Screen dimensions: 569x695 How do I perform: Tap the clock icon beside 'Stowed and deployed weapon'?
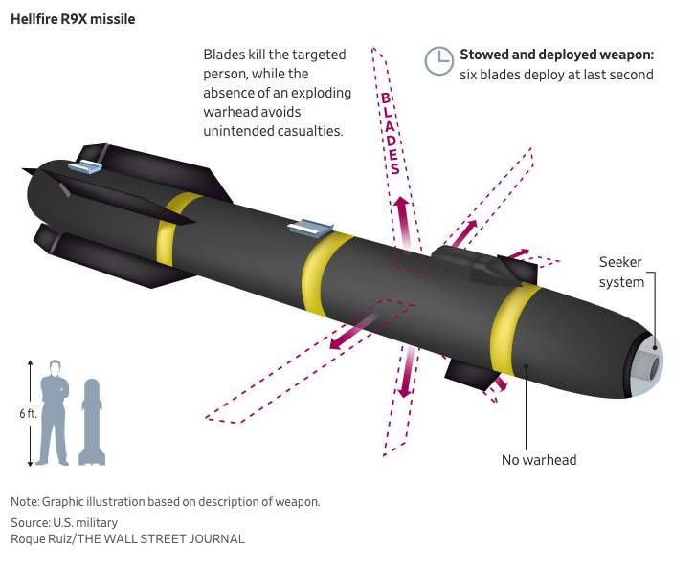point(439,60)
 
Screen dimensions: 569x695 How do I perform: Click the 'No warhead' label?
point(539,460)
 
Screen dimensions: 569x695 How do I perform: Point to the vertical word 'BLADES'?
point(391,133)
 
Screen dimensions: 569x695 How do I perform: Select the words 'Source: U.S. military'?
point(64,522)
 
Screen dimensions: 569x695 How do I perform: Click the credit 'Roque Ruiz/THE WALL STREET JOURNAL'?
point(127,538)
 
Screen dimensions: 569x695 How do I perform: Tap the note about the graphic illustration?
point(165,502)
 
